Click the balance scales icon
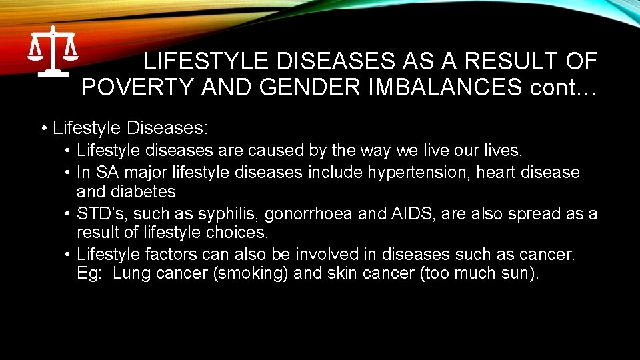pos(53,51)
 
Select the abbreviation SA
pos(107,173)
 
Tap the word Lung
pos(132,273)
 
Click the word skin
pos(341,273)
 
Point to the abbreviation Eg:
pos(90,273)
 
